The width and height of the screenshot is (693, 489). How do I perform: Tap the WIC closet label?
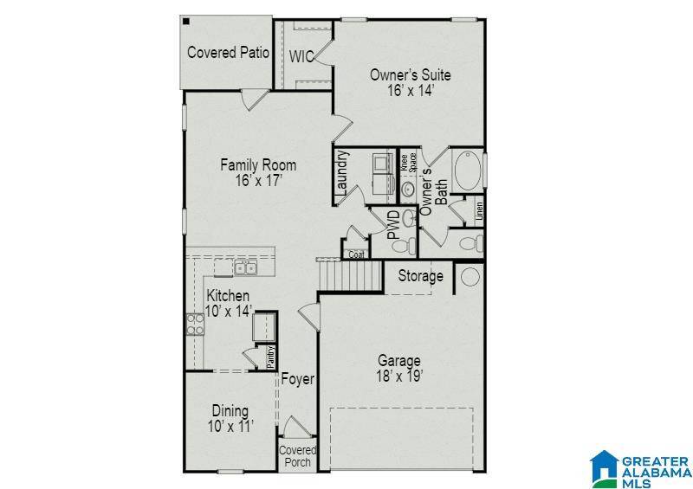click(x=301, y=57)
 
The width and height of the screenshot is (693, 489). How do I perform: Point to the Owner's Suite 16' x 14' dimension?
click(x=410, y=89)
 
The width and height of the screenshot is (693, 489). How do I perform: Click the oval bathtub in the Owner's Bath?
click(x=467, y=171)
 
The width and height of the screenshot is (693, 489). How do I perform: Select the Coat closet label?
click(x=356, y=254)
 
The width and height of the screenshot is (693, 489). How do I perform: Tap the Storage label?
click(x=421, y=277)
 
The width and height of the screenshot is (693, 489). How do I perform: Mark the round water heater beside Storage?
click(x=470, y=277)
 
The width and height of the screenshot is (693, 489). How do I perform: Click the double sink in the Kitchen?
click(x=246, y=268)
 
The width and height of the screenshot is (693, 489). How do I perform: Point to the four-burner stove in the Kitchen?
click(x=193, y=324)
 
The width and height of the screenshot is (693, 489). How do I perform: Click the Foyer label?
click(x=297, y=379)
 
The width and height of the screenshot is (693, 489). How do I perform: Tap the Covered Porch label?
click(x=297, y=456)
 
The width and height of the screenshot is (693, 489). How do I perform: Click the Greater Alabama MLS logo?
click(x=639, y=468)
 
